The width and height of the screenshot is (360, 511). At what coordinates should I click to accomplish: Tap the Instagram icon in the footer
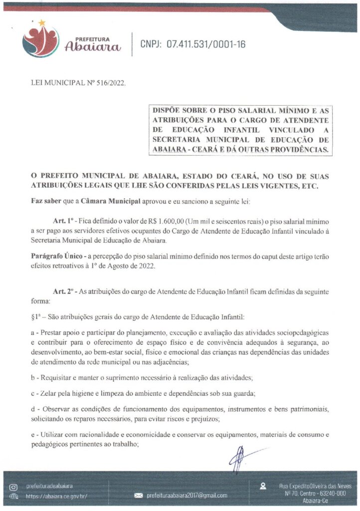[14, 486]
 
